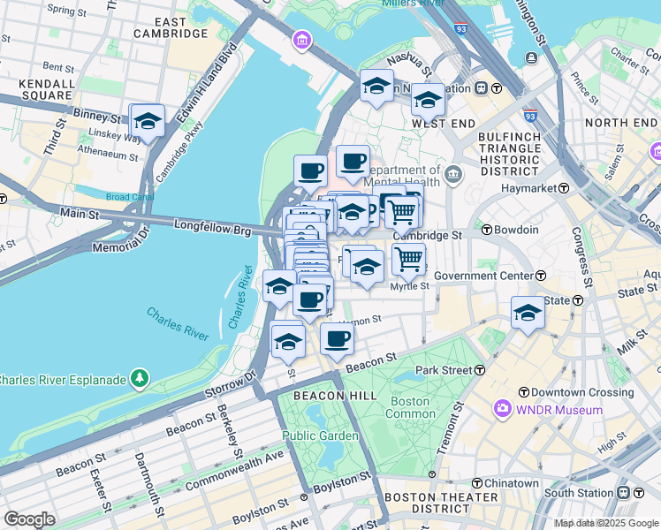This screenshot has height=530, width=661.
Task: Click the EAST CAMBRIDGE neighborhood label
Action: pyautogui.click(x=171, y=26)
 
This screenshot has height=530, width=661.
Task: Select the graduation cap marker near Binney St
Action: pyautogui.click(x=147, y=122)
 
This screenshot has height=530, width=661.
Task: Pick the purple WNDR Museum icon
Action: pyautogui.click(x=503, y=409)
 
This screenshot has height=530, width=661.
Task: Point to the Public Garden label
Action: pyautogui.click(x=320, y=435)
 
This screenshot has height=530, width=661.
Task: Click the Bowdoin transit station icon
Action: pyautogui.click(x=487, y=230)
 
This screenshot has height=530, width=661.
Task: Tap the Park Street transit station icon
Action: pyautogui.click(x=480, y=369)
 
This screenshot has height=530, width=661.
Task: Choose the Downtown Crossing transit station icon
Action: pyautogui.click(x=523, y=391)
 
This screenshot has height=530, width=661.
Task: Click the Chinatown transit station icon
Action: pyautogui.click(x=477, y=483)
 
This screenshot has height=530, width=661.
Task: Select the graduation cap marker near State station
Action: pyautogui.click(x=528, y=313)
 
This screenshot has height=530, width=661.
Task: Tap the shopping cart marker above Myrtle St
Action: pyautogui.click(x=407, y=258)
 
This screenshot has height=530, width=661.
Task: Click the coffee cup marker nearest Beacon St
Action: pyautogui.click(x=337, y=338)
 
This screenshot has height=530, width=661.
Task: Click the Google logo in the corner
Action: pyautogui.click(x=29, y=519)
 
